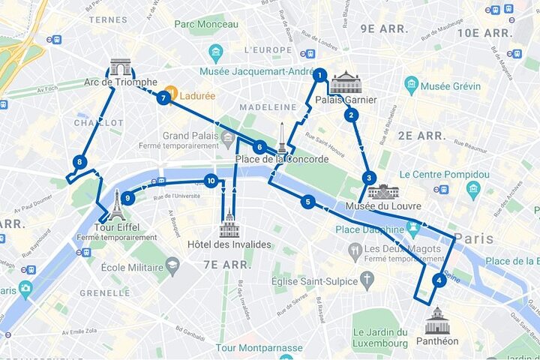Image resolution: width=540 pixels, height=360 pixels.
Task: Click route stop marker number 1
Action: point(319,75)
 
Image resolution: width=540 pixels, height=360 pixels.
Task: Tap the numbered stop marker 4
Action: point(439,281)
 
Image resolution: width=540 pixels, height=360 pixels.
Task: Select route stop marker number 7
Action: point(163,97)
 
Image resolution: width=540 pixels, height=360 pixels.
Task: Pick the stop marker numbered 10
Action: point(211,181)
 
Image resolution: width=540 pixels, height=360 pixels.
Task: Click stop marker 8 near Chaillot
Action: point(79,162)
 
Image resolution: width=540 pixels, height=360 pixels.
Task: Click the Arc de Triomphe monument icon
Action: point(120,67)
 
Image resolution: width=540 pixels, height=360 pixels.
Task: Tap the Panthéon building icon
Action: point(436,320)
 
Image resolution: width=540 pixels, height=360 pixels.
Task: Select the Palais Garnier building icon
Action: point(346,82)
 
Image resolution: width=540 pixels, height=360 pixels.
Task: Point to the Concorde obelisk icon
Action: point(282,139)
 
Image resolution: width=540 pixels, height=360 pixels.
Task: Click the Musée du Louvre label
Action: point(382,205)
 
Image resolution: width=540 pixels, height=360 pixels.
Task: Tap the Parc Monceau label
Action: point(206,24)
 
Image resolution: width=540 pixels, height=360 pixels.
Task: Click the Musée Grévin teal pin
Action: point(410,85)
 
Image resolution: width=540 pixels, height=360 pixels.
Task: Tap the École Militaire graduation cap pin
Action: point(172,266)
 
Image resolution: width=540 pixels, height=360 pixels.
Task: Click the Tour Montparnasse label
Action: point(259,348)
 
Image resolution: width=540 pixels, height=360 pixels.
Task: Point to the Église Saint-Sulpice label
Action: point(323,281)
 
